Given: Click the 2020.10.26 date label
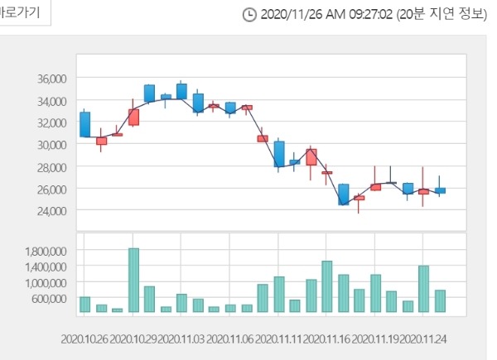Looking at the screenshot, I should click(x=85, y=340).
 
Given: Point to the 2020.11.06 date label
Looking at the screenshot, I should click(x=229, y=340).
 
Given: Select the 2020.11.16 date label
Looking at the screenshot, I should click(x=326, y=340).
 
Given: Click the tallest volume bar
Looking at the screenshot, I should click(x=133, y=280).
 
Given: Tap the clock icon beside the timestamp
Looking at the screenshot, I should click(x=249, y=15).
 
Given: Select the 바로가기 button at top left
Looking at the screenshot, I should click(x=25, y=13).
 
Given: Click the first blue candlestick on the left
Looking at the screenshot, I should click(x=85, y=124).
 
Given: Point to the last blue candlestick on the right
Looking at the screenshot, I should click(x=440, y=190).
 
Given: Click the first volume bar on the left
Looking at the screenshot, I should click(x=85, y=304).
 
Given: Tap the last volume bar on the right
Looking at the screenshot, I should click(x=440, y=301).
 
